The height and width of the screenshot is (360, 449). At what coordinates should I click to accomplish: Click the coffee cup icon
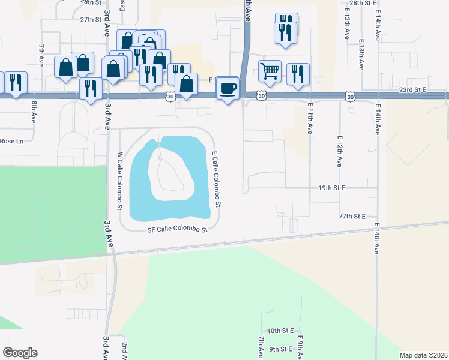coord(227,89)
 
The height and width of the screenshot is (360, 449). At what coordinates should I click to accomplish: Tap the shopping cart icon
coord(270,71)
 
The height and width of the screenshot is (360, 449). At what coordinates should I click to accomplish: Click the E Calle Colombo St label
coord(216,179)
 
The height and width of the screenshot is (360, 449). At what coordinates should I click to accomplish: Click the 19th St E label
coord(331,188)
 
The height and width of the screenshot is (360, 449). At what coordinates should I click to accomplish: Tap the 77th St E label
coord(352,215)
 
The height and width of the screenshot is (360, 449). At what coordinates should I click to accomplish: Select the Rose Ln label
coord(10,141)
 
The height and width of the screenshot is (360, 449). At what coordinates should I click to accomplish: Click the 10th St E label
coord(280,331)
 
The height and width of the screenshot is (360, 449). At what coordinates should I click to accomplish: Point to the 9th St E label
coord(280,349)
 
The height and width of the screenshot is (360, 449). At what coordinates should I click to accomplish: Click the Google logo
coord(20,352)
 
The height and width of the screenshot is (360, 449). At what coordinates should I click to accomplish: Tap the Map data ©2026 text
coord(423,355)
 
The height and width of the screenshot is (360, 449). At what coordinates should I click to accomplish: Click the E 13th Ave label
coord(361,55)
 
